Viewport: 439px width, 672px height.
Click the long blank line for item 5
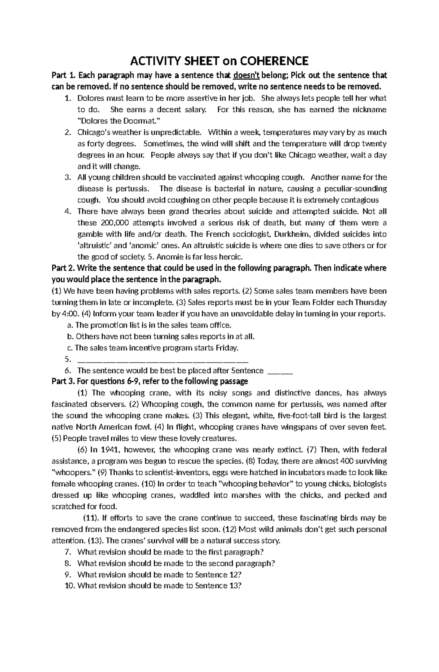point(163,360)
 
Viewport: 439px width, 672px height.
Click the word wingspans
point(278,427)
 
